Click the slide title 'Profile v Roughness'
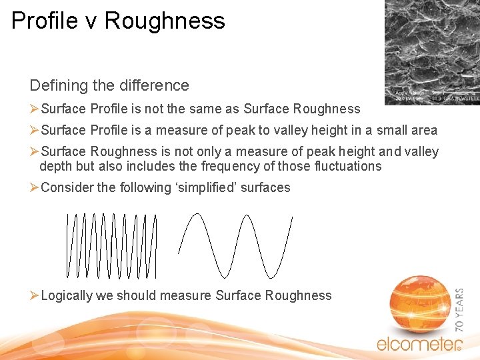[118, 21]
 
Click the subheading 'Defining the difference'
[109, 85]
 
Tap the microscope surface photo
[431, 52]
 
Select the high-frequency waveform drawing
[112, 245]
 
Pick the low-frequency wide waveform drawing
[236, 245]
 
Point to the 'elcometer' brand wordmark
[419, 344]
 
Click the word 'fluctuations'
[345, 166]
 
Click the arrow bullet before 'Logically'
[35, 295]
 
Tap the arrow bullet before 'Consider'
[35, 187]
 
